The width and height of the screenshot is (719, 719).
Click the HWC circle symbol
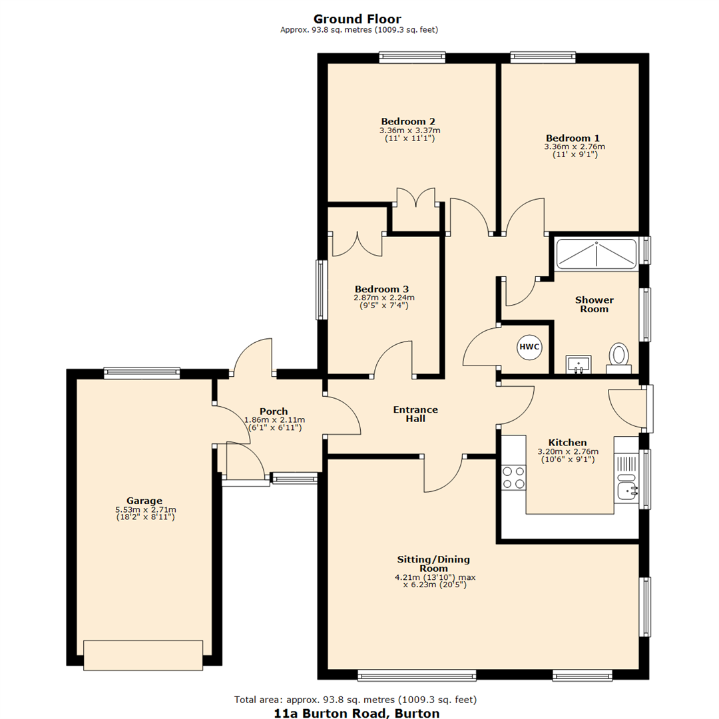(529, 347)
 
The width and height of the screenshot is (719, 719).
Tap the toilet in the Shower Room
(619, 357)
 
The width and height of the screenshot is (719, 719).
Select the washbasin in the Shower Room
(579, 364)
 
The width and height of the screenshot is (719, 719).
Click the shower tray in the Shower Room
(597, 254)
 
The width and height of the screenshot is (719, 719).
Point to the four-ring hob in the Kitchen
(513, 477)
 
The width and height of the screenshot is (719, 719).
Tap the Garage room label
(144, 501)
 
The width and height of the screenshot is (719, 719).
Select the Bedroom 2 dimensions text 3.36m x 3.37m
(409, 130)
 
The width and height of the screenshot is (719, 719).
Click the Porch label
(274, 411)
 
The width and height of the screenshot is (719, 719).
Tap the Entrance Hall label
(415, 414)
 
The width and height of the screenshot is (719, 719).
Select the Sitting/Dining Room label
(434, 564)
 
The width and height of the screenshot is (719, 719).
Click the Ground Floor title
(358, 19)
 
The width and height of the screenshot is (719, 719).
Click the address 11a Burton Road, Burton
(357, 712)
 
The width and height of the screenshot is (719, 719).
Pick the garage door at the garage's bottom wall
(143, 654)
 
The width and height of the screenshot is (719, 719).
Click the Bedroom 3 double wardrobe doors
(358, 243)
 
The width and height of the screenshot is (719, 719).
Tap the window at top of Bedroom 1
(543, 57)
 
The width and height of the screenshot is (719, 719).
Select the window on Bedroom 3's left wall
(322, 289)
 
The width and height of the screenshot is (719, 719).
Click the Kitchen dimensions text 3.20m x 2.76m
(567, 451)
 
